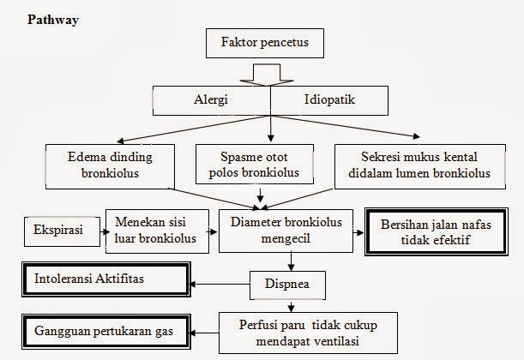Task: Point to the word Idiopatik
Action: [330, 99]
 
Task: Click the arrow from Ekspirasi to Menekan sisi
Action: [97, 230]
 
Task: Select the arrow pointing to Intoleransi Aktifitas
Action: [219, 282]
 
